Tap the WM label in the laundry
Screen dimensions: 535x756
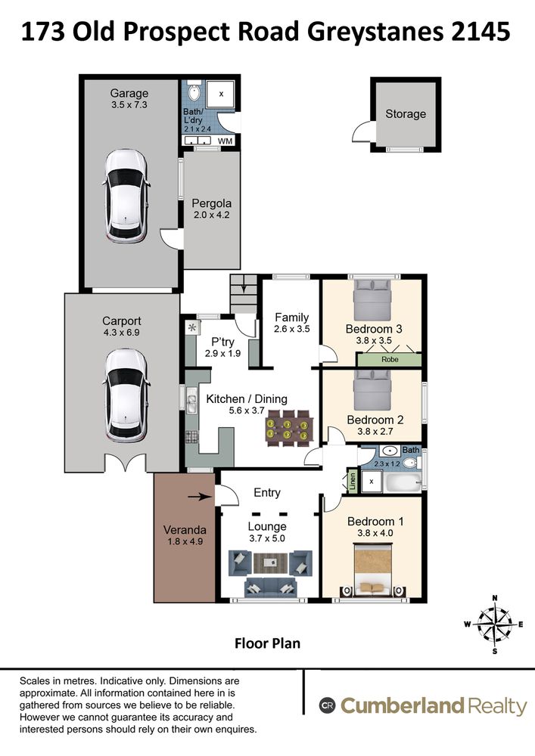click(226, 141)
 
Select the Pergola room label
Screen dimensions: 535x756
click(211, 203)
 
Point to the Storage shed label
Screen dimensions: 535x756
click(406, 114)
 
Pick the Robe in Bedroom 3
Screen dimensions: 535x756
click(390, 359)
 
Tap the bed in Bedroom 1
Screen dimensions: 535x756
click(372, 570)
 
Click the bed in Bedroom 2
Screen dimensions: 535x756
click(372, 390)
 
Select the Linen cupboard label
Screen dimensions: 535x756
click(353, 481)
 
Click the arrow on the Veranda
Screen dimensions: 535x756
click(199, 497)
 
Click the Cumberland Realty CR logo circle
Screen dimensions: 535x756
click(327, 706)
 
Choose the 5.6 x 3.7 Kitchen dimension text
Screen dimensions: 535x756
click(247, 411)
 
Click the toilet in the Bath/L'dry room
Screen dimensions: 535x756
click(194, 90)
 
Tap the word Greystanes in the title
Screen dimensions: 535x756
click(375, 33)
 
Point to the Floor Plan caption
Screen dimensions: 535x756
click(267, 643)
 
